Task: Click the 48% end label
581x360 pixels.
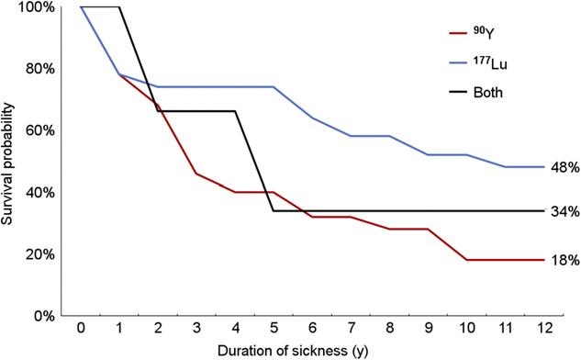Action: pos(564,167)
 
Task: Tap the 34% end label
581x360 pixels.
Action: pos(564,211)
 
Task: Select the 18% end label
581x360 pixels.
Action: pos(564,261)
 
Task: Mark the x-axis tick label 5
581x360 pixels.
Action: pos(275,329)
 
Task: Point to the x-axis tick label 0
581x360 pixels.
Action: pos(81,329)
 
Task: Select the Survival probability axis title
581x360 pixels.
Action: pos(11,162)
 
